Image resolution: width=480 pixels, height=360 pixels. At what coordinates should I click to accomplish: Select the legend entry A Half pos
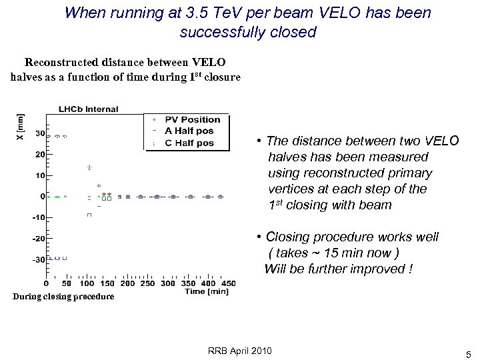[190, 131]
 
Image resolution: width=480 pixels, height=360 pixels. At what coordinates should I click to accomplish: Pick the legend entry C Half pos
[190, 143]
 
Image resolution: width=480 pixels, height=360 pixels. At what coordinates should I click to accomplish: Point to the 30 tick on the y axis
[39, 133]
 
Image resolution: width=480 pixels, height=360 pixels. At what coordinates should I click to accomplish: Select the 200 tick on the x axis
[127, 283]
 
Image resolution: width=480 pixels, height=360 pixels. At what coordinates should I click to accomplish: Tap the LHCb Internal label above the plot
[88, 109]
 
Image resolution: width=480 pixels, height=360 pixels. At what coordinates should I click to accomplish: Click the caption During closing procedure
[62, 296]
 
